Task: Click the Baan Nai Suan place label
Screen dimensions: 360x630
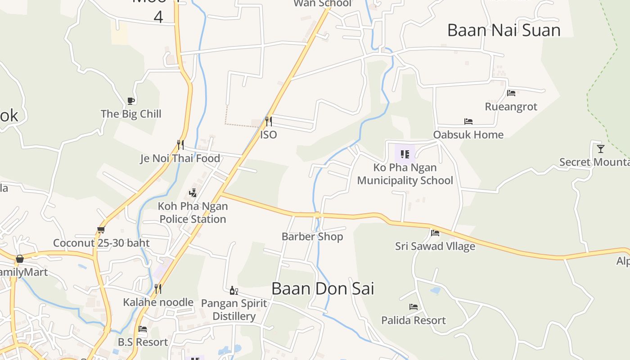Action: [x=504, y=30]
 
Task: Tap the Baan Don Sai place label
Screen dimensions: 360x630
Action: [x=323, y=288]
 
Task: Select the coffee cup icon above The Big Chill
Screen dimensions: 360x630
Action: [x=131, y=101]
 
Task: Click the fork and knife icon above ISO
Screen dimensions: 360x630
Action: [x=268, y=121]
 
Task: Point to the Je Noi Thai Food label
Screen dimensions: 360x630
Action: [x=180, y=158]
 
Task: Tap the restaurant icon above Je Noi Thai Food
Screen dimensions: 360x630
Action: [x=180, y=144]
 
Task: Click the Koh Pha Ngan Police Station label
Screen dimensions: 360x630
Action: [x=193, y=212]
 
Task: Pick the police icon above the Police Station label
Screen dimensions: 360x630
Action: [x=193, y=193]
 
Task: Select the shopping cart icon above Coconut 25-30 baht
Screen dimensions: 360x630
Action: [x=101, y=230]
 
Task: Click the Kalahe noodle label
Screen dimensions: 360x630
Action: [x=158, y=302]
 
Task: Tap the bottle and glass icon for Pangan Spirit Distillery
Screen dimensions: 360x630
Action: [x=234, y=290]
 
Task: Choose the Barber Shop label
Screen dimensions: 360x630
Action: [x=312, y=236]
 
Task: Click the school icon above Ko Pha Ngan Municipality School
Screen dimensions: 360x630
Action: [x=405, y=154]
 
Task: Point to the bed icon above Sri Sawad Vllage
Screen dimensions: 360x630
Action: [x=435, y=233]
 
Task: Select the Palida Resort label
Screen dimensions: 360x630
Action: [x=414, y=320]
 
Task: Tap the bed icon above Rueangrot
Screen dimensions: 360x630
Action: [x=511, y=93]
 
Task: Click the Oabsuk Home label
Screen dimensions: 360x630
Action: [x=468, y=135]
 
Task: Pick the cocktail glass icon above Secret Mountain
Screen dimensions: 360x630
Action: [x=601, y=148]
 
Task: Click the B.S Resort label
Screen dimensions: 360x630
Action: [x=143, y=342]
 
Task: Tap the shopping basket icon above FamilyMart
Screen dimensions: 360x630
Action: [x=20, y=259]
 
